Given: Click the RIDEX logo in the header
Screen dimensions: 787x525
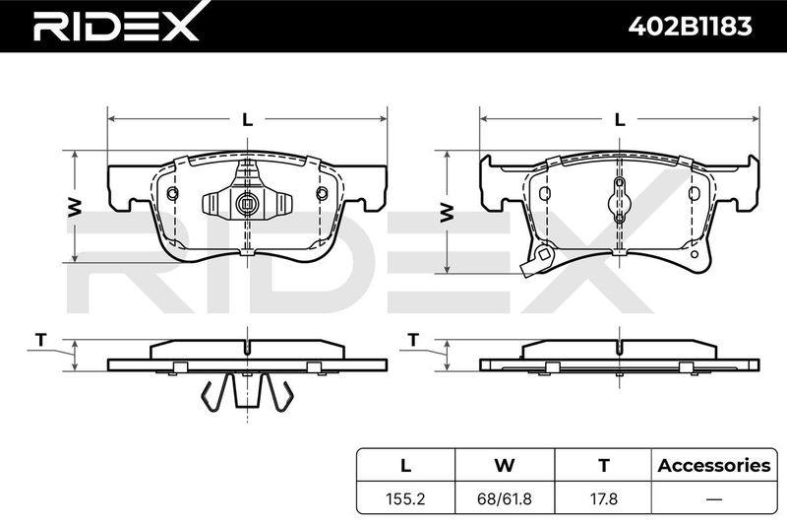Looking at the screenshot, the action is tap(115, 26).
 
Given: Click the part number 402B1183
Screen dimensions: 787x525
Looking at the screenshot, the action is tap(691, 27).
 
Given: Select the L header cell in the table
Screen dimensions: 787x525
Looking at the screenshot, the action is tap(405, 465).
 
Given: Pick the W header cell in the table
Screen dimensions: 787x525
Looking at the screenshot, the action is tap(505, 465).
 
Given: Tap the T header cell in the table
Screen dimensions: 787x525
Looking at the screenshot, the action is tap(603, 465).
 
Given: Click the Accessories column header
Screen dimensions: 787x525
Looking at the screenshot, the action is tap(714, 465).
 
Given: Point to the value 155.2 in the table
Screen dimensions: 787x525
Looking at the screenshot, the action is tap(405, 498).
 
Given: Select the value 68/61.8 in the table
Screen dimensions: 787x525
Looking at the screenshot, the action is tap(505, 498).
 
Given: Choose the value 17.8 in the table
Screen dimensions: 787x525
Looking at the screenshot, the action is tap(603, 498).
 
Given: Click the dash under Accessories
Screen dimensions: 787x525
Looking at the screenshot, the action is tap(714, 499).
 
